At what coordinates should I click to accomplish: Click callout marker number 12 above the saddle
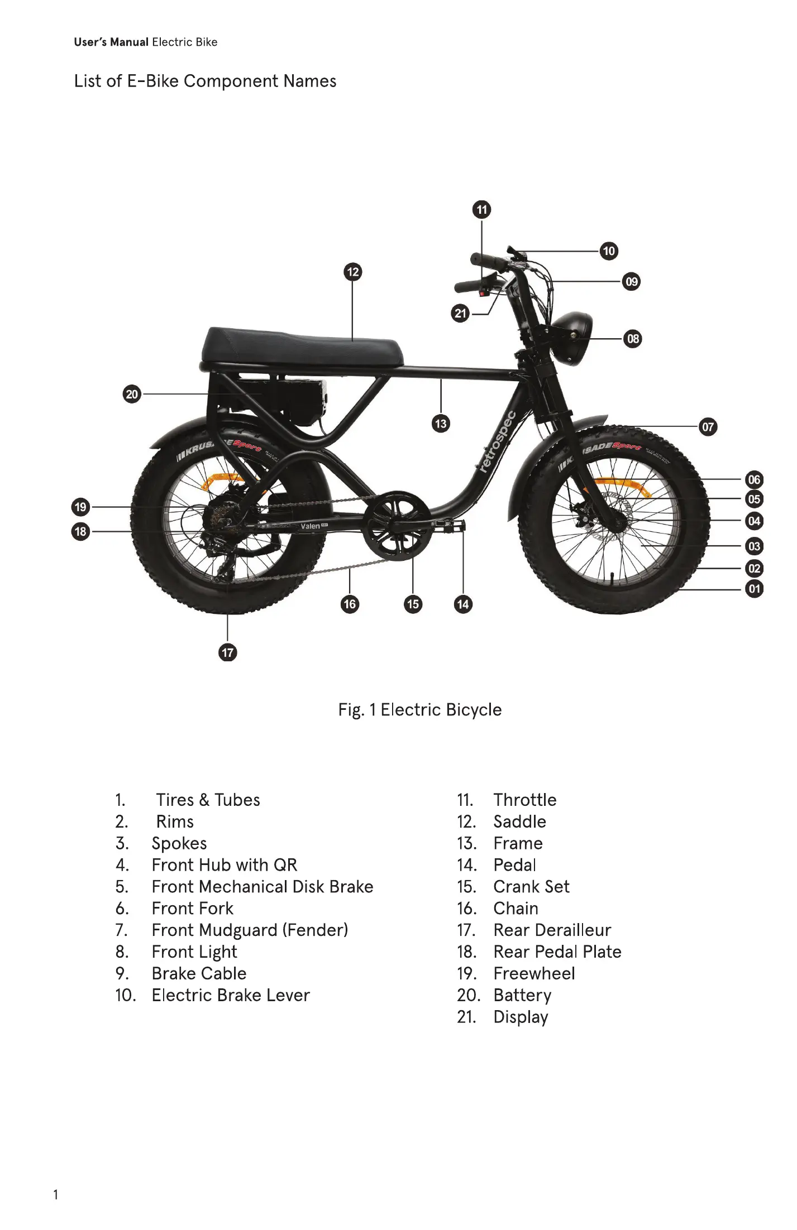352,272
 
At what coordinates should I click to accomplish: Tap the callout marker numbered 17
227,652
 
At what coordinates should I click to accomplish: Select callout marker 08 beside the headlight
633,339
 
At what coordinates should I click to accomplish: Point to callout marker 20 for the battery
132,395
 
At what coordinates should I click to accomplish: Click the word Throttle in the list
524,800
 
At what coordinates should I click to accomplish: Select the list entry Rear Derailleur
552,930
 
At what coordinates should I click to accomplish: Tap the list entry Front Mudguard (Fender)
250,930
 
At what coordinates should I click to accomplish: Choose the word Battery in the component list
522,995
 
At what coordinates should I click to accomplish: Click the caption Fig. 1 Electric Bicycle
419,710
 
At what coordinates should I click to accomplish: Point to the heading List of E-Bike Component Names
205,81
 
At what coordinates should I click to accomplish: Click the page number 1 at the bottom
55,1195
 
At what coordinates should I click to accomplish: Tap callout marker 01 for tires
754,589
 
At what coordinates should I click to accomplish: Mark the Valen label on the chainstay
311,526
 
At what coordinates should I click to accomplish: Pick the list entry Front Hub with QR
224,865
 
